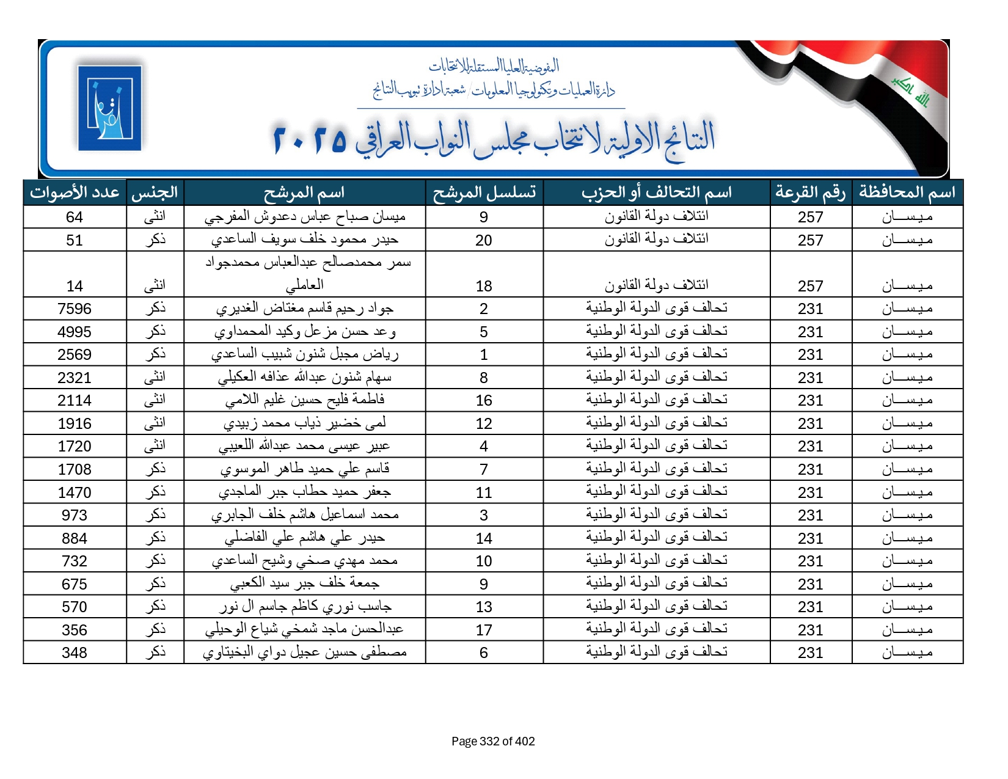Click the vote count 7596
(x=75, y=309)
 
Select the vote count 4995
(x=75, y=332)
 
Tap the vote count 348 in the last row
(x=75, y=653)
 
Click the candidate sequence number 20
(x=484, y=241)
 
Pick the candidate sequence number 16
(x=484, y=401)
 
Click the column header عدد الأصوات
(x=75, y=193)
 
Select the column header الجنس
(x=155, y=193)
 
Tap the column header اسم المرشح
(x=304, y=193)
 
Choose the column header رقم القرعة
(x=810, y=193)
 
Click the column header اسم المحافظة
(x=907, y=193)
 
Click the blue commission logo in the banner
(x=110, y=108)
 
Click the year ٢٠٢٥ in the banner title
(x=310, y=140)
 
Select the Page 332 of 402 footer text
(x=493, y=742)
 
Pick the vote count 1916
(x=75, y=424)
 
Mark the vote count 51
(x=75, y=241)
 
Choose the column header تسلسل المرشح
(x=484, y=193)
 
